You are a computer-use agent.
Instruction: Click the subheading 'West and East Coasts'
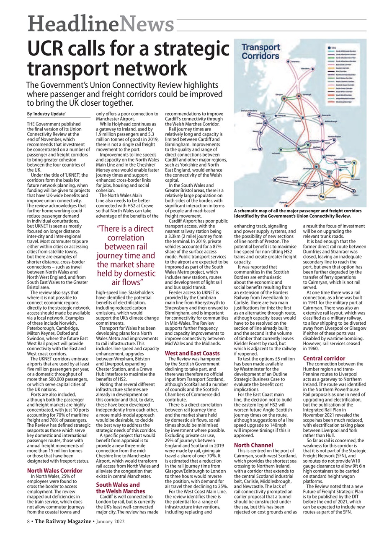192,353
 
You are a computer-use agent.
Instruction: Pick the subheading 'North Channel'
253,445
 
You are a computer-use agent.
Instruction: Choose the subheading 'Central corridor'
324,358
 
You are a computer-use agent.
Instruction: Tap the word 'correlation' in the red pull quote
126,238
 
